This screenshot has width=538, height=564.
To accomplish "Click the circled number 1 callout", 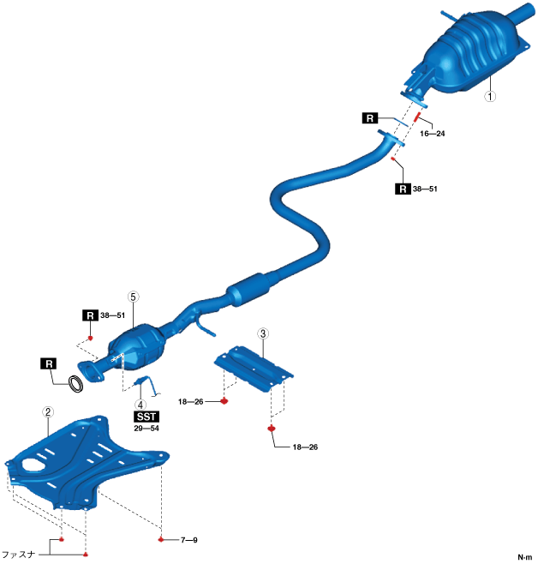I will pos(490,97).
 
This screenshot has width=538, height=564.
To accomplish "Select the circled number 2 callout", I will pos(49,412).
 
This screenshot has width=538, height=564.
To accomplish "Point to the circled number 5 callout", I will pos(133,296).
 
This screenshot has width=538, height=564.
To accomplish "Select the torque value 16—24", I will pos(432,134).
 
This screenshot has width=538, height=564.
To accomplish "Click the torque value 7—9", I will pos(189,540).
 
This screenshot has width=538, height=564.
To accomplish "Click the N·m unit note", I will pos(524,556).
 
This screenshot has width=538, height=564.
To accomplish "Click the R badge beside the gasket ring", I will pos(49,364).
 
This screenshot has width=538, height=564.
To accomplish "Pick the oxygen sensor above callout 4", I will pos(144,383).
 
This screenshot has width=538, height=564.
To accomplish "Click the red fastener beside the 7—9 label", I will pos(161,540).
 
